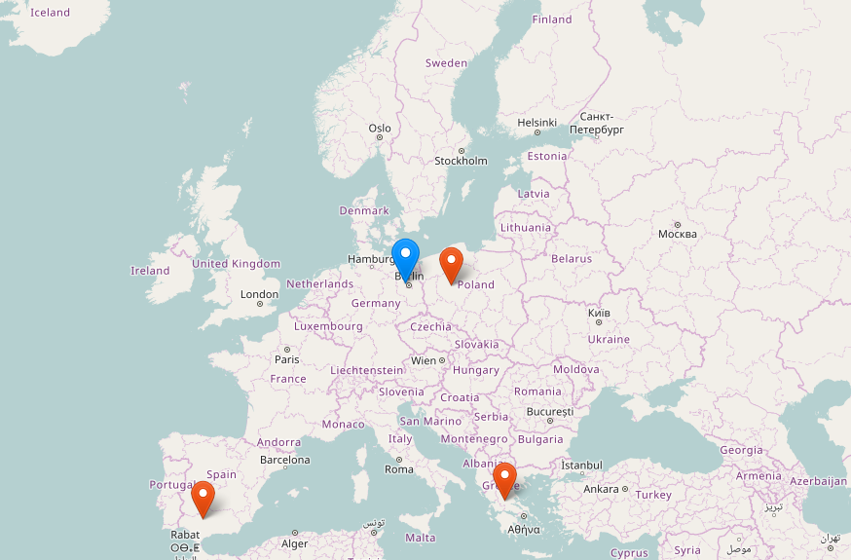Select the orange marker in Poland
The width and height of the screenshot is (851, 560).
coord(451,262)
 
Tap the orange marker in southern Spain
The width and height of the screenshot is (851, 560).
coord(203,496)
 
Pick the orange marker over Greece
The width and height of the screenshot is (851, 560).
coord(504,478)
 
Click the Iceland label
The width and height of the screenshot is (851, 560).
coord(50,13)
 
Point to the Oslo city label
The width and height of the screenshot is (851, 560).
coord(380,129)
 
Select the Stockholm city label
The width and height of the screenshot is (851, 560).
coord(461,161)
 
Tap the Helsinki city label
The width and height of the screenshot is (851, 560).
coord(536,123)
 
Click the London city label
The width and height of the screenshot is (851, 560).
coord(259,294)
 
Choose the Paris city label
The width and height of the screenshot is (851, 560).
coord(286,359)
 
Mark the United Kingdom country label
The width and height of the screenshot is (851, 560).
coord(236,264)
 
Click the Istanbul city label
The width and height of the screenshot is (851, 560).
coord(582,466)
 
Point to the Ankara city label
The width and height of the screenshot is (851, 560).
coord(601,489)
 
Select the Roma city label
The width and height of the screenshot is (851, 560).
coord(399,469)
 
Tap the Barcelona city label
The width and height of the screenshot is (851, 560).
coord(284,460)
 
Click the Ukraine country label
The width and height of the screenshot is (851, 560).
coord(609,339)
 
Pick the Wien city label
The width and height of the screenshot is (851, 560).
coord(425,360)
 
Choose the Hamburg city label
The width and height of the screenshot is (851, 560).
coord(370,259)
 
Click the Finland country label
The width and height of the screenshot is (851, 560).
coord(552,19)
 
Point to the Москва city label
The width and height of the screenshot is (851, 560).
coord(678,234)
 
